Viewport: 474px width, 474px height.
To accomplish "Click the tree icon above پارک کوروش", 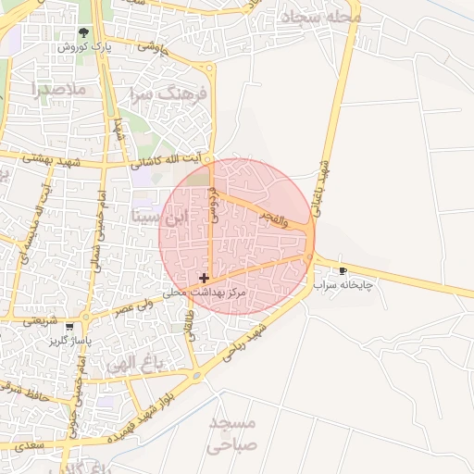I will [84, 32].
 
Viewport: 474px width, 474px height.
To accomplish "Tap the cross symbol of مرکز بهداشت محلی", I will [204, 278].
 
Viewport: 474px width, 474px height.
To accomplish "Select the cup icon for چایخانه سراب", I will [343, 271].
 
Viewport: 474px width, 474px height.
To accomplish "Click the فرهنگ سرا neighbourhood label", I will [166, 94].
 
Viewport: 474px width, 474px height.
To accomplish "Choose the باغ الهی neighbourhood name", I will [135, 362].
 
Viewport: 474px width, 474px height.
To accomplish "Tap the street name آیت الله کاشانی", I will [172, 161].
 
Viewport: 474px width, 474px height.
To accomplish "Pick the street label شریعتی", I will [40, 321].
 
